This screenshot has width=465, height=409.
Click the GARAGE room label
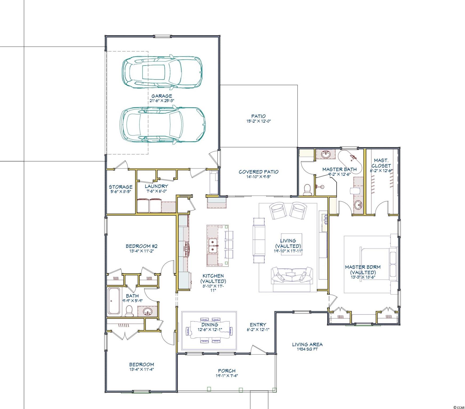(162, 96)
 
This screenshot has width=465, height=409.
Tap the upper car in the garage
(162, 72)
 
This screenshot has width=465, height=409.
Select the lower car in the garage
(163, 125)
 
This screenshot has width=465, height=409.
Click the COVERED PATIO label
(258, 172)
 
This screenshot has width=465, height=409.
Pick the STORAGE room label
(121, 187)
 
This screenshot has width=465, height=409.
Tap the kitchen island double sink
(213, 246)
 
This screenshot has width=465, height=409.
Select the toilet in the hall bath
(129, 311)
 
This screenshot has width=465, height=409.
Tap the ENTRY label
(258, 325)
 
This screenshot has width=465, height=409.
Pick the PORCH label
(227, 371)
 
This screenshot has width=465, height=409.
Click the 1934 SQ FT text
(307, 349)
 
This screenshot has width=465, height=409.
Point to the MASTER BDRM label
(363, 269)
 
